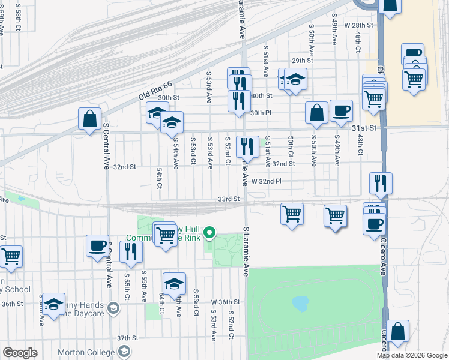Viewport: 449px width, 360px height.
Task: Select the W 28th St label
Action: pos(359,25)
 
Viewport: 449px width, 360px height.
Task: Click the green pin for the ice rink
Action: pos(209,232)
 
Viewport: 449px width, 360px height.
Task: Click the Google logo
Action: pos(20,352)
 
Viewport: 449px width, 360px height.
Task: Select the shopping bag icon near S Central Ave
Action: pos(89,119)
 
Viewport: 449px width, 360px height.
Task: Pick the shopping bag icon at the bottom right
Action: pos(397,331)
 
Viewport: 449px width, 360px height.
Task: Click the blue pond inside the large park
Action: pos(300,304)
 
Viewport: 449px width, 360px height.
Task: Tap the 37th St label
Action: pos(128,338)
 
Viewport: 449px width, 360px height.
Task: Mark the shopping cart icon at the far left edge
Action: pos(11,256)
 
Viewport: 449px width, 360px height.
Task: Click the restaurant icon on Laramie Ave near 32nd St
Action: pos(247,146)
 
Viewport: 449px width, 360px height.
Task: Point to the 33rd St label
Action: pos(229,199)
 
